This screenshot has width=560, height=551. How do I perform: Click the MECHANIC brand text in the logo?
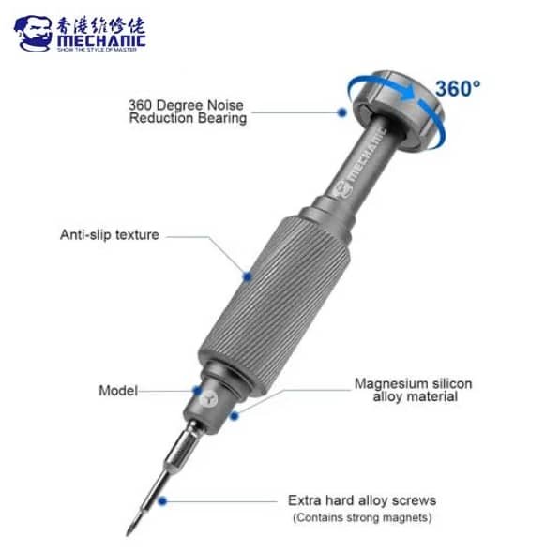pyautogui.click(x=101, y=40)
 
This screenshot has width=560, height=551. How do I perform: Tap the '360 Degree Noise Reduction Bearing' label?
pyautogui.click(x=189, y=112)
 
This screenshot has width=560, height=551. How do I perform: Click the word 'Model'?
pyautogui.click(x=118, y=390)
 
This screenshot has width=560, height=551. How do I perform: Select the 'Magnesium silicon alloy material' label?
pyautogui.click(x=413, y=390)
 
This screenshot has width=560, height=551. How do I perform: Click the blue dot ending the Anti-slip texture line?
pyautogui.click(x=247, y=275)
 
